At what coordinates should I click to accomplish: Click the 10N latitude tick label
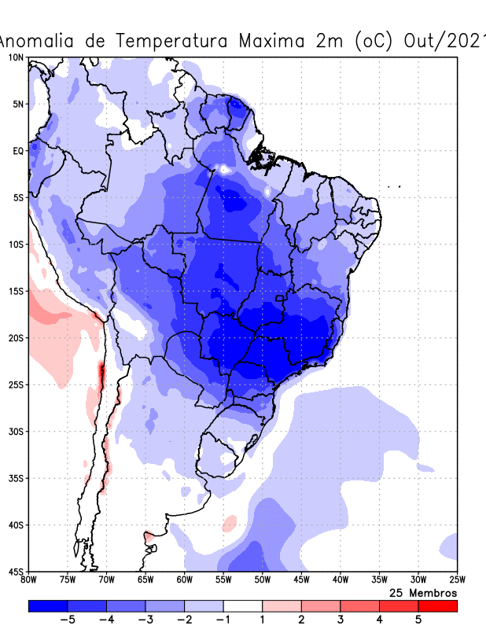pos(16,57)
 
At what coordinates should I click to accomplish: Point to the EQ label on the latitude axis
pos(18,150)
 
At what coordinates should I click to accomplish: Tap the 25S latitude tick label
pos(16,384)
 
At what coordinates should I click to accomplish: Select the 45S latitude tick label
pos(16,571)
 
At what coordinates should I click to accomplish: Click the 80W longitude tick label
pos(29,580)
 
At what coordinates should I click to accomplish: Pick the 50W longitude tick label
pos(262,580)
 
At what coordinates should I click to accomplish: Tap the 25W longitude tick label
pos(456,580)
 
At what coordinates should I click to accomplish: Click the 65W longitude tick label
pos(145,580)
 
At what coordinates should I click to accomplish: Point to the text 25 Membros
pos(423,593)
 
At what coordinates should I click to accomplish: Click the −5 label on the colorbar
pos(68,620)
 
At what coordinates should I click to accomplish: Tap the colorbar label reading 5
pos(418,620)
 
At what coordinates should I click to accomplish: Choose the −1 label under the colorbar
pos(223,620)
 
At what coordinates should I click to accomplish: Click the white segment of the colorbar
pos(242,605)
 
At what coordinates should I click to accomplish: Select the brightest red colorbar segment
pos(437,605)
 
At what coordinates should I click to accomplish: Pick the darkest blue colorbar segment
pos(48,605)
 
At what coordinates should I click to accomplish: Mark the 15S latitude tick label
pos(16,291)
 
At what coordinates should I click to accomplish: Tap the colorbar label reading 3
pos(340,620)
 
